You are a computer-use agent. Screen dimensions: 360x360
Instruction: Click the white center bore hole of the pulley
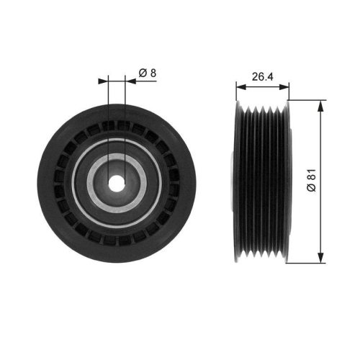(116, 181)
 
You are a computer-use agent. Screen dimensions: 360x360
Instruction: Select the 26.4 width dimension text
(261, 74)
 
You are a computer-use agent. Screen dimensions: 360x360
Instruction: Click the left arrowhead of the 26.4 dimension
(240, 88)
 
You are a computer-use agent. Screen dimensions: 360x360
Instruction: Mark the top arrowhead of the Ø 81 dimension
(320, 104)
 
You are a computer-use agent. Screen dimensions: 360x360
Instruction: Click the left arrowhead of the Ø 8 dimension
(103, 81)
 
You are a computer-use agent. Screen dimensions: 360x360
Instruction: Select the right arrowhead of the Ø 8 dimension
(129, 81)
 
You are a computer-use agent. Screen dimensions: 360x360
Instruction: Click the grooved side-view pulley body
(262, 181)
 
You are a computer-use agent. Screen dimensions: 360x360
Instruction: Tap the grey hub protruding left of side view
(232, 181)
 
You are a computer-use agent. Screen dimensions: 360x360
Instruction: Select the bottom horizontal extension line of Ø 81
(306, 263)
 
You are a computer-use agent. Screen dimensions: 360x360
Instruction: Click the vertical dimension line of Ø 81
(320, 144)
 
